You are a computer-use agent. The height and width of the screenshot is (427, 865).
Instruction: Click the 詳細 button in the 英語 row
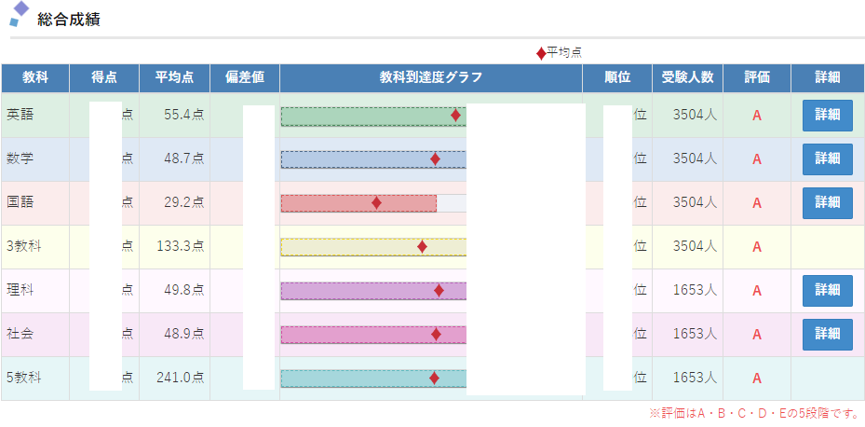[x=827, y=115]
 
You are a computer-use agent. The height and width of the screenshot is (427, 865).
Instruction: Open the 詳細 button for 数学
[x=827, y=158]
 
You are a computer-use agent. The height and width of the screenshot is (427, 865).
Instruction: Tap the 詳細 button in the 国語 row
[x=827, y=202]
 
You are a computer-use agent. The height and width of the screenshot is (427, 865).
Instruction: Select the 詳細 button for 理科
[x=827, y=290]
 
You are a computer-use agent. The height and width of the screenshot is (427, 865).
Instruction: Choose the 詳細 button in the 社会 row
[x=827, y=334]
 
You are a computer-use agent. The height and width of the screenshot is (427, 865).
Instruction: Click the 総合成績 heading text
[x=69, y=19]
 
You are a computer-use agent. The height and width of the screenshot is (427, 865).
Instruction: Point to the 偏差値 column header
[x=245, y=77]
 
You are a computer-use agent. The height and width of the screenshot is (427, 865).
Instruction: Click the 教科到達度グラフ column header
[x=431, y=77]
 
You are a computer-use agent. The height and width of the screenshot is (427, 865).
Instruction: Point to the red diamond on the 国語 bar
[x=376, y=202]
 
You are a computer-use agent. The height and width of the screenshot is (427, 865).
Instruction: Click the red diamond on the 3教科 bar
[x=422, y=246]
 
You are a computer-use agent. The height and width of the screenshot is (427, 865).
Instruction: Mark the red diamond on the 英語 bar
[x=455, y=115]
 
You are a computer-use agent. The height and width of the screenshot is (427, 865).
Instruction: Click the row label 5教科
[x=23, y=378]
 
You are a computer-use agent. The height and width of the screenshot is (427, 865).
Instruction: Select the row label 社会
[x=20, y=334]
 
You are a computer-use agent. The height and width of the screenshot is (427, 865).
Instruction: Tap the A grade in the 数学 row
[x=757, y=159]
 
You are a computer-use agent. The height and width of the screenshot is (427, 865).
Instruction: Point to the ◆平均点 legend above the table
[x=560, y=52]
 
